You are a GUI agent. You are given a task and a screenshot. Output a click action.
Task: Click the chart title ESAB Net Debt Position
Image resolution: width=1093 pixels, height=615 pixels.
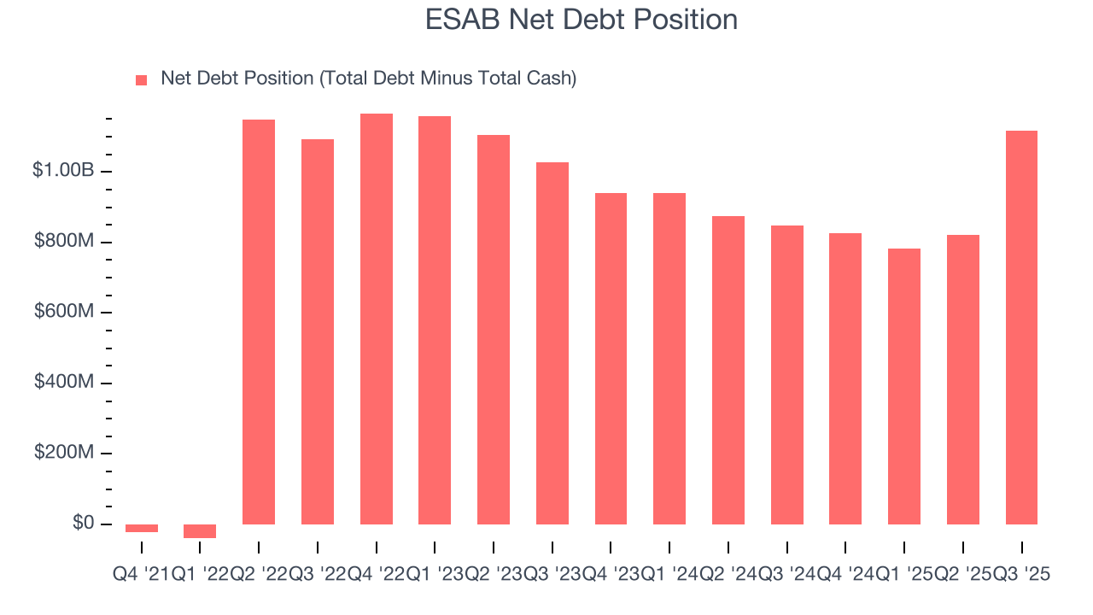click(x=582, y=20)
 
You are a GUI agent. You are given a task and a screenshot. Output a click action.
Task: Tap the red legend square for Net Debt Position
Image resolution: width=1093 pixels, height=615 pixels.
click(x=142, y=79)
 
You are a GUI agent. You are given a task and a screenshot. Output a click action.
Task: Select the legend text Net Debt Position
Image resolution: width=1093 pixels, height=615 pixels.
click(x=368, y=79)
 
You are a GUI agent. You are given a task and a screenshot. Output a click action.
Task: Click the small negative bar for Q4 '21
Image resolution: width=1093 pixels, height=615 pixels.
click(x=142, y=528)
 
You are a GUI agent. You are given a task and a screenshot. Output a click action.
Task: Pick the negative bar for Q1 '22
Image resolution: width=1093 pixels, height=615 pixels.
click(x=200, y=531)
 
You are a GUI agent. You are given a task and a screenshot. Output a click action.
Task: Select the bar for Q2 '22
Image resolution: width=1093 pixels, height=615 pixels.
click(x=259, y=322)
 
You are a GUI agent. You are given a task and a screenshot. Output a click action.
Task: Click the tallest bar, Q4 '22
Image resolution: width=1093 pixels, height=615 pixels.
click(x=377, y=319)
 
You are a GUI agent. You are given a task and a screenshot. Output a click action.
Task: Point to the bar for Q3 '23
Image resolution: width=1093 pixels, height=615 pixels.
click(x=552, y=343)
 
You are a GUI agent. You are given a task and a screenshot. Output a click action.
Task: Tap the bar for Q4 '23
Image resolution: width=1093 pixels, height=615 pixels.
click(x=611, y=359)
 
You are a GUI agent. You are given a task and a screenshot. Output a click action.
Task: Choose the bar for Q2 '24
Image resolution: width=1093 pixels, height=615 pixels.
click(x=728, y=370)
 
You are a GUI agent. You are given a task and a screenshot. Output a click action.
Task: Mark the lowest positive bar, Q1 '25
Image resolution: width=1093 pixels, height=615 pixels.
click(x=904, y=386)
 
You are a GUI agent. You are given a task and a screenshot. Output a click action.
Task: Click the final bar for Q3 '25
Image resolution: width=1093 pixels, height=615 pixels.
click(x=1021, y=327)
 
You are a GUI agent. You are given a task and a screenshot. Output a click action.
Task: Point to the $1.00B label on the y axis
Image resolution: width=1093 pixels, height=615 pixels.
click(x=63, y=171)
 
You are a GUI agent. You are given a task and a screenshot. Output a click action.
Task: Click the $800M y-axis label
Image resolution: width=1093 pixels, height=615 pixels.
click(x=64, y=242)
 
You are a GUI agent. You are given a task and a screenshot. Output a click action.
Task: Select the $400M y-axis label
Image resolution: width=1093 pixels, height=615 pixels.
click(x=64, y=382)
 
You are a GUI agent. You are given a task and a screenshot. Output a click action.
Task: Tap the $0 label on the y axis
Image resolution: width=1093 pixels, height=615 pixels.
click(x=83, y=523)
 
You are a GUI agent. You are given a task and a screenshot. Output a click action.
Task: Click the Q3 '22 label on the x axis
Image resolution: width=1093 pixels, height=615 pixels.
click(x=317, y=575)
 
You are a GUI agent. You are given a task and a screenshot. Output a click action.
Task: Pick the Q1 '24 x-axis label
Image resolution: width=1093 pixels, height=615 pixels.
click(x=669, y=575)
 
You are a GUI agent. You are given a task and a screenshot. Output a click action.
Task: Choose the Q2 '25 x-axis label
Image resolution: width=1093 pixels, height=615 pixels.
click(x=962, y=575)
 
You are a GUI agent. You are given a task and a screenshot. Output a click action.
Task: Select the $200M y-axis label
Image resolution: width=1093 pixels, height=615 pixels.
click(x=64, y=452)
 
